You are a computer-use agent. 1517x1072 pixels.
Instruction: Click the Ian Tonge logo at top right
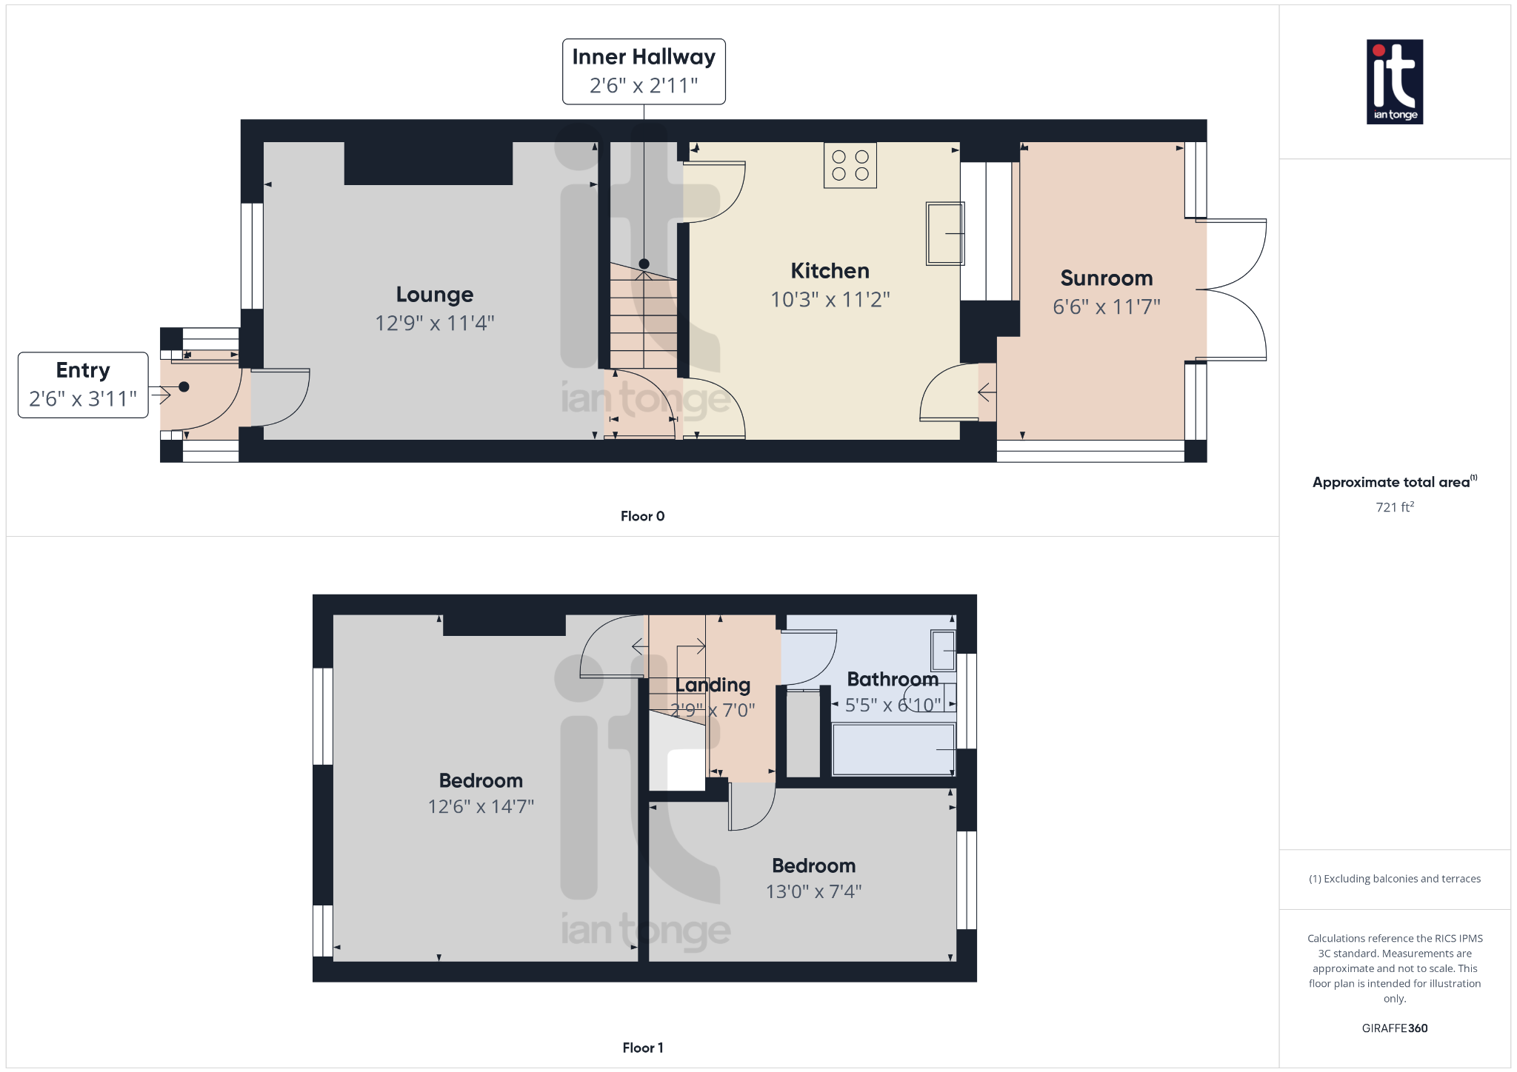1394,81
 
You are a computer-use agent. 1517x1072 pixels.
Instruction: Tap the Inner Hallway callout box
644,72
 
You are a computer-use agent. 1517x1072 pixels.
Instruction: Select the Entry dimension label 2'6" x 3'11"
83,399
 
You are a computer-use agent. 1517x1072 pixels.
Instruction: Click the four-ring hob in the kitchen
850,166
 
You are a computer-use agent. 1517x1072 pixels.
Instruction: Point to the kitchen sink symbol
945,233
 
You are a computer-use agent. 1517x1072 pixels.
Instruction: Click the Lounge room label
435,295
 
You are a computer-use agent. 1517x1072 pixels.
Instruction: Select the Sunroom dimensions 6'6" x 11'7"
1106,306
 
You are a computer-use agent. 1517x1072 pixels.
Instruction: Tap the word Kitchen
830,271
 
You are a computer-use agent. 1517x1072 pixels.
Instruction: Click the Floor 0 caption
642,516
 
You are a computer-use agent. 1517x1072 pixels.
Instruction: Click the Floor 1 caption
642,1048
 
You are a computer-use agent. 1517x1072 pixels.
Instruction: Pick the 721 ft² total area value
1394,507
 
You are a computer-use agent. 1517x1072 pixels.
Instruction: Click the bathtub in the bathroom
893,749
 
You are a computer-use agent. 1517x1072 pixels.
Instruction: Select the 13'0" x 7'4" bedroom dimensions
813,891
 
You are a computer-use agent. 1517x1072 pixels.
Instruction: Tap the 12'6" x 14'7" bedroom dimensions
481,806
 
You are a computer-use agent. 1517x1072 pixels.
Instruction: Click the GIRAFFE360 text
1394,1028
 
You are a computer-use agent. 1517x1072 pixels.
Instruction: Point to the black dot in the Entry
184,387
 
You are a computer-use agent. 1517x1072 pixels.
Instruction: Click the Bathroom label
892,679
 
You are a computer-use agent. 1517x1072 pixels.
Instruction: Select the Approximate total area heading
1391,483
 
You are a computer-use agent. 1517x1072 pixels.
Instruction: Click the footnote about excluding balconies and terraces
1394,879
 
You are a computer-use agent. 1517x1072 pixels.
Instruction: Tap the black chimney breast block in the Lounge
428,163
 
